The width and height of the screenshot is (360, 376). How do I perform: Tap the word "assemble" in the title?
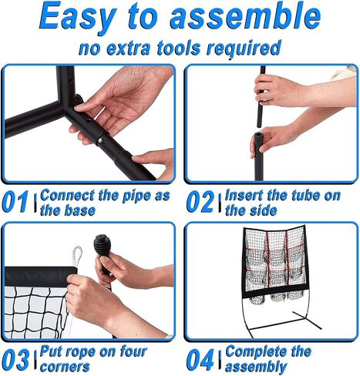245,15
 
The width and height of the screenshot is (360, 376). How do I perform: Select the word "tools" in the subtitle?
179,48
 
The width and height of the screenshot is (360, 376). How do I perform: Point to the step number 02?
200,202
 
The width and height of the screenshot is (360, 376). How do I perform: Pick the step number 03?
15,359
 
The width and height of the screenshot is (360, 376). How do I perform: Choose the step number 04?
200,359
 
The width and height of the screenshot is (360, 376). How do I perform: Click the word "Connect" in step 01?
67,196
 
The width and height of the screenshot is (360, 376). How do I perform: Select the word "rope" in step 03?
80,352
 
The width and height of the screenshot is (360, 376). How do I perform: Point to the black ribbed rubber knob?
102,244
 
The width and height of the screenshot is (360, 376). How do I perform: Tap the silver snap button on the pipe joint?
100,140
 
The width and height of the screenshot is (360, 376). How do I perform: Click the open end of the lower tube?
258,134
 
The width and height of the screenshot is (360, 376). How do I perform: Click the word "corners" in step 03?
65,366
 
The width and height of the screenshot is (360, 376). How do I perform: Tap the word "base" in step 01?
79,210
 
